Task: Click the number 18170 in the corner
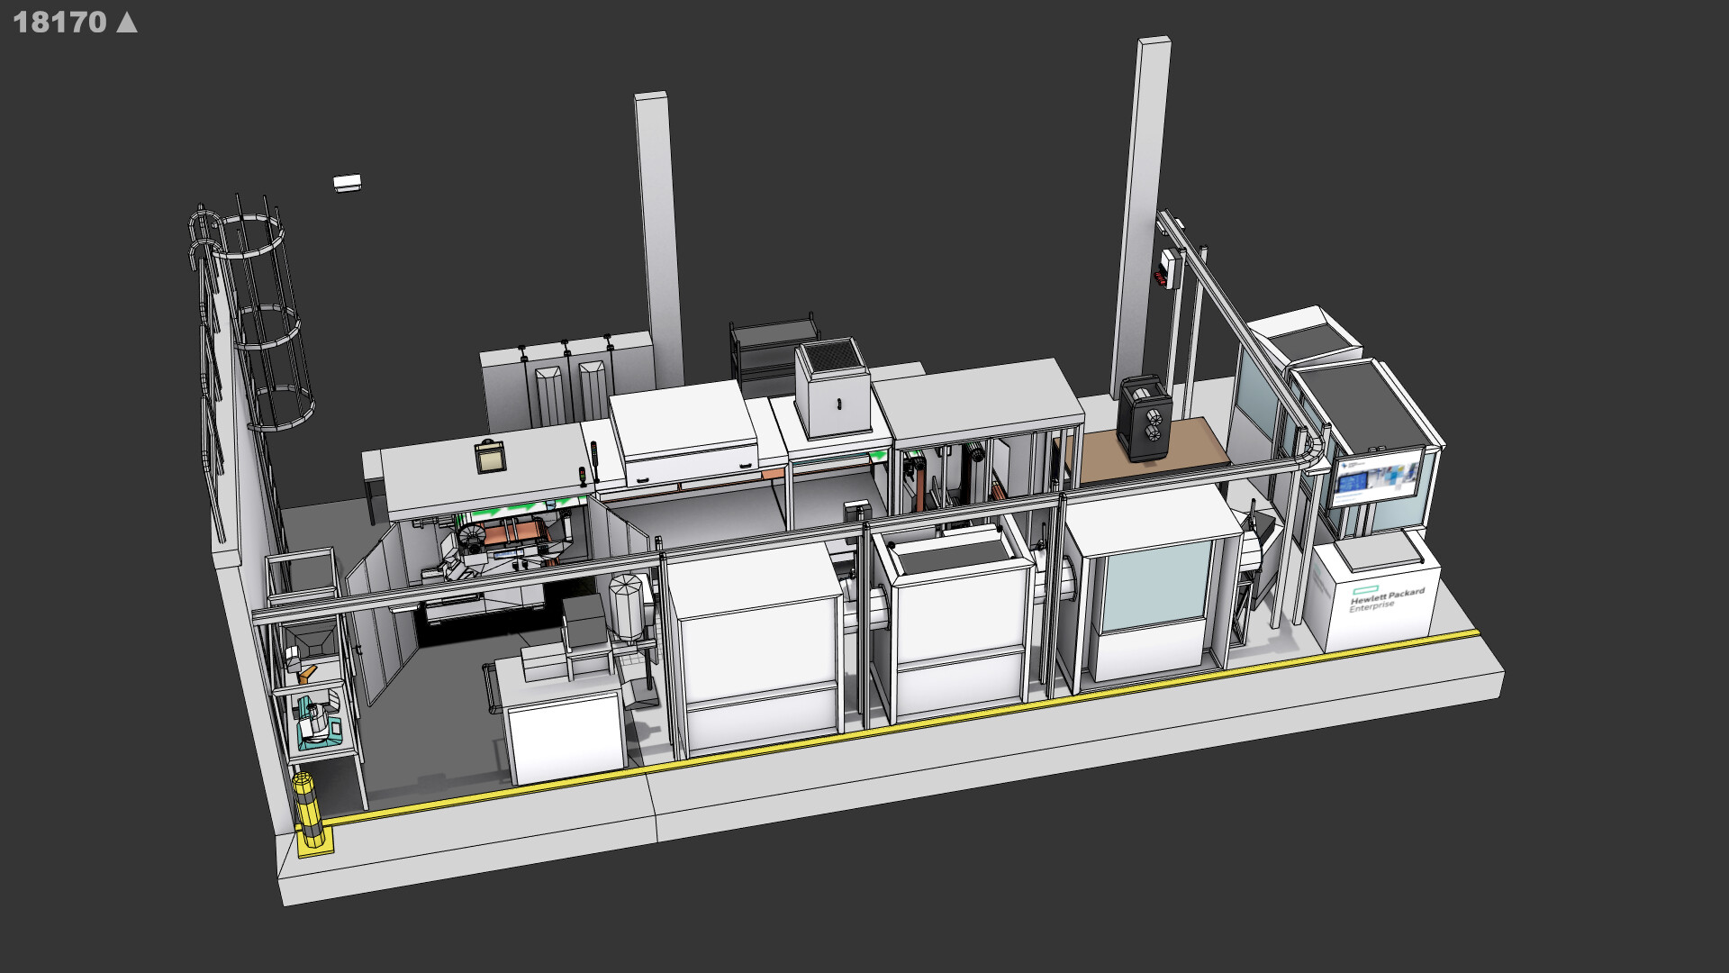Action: pos(59,22)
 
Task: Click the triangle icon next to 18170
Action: pos(128,22)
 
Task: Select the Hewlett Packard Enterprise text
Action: pos(1387,599)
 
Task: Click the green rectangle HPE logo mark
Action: pos(1360,590)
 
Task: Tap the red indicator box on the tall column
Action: pos(1163,277)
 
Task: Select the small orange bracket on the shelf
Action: pos(308,671)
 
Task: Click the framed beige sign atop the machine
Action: pos(490,458)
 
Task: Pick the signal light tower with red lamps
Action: pos(593,461)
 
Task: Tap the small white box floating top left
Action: pos(347,183)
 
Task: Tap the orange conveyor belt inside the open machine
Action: pos(513,534)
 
